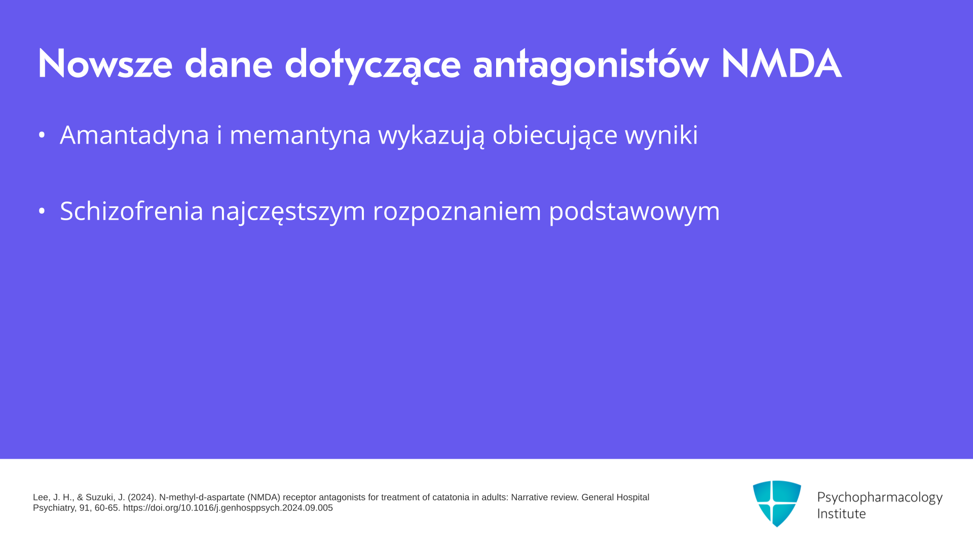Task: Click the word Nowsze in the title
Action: pos(105,64)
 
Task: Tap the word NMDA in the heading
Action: pos(781,64)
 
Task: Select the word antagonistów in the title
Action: pos(590,65)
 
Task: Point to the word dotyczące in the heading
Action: pos(372,65)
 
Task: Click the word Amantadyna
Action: pos(134,135)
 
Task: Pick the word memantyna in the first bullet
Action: pos(300,135)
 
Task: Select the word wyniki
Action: pos(661,135)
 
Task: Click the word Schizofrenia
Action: pos(132,211)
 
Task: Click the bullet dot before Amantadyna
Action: pos(42,135)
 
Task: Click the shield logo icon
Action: pos(777,503)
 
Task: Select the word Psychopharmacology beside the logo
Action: pos(880,498)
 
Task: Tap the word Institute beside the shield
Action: pos(841,513)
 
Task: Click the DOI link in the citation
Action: pos(228,508)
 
